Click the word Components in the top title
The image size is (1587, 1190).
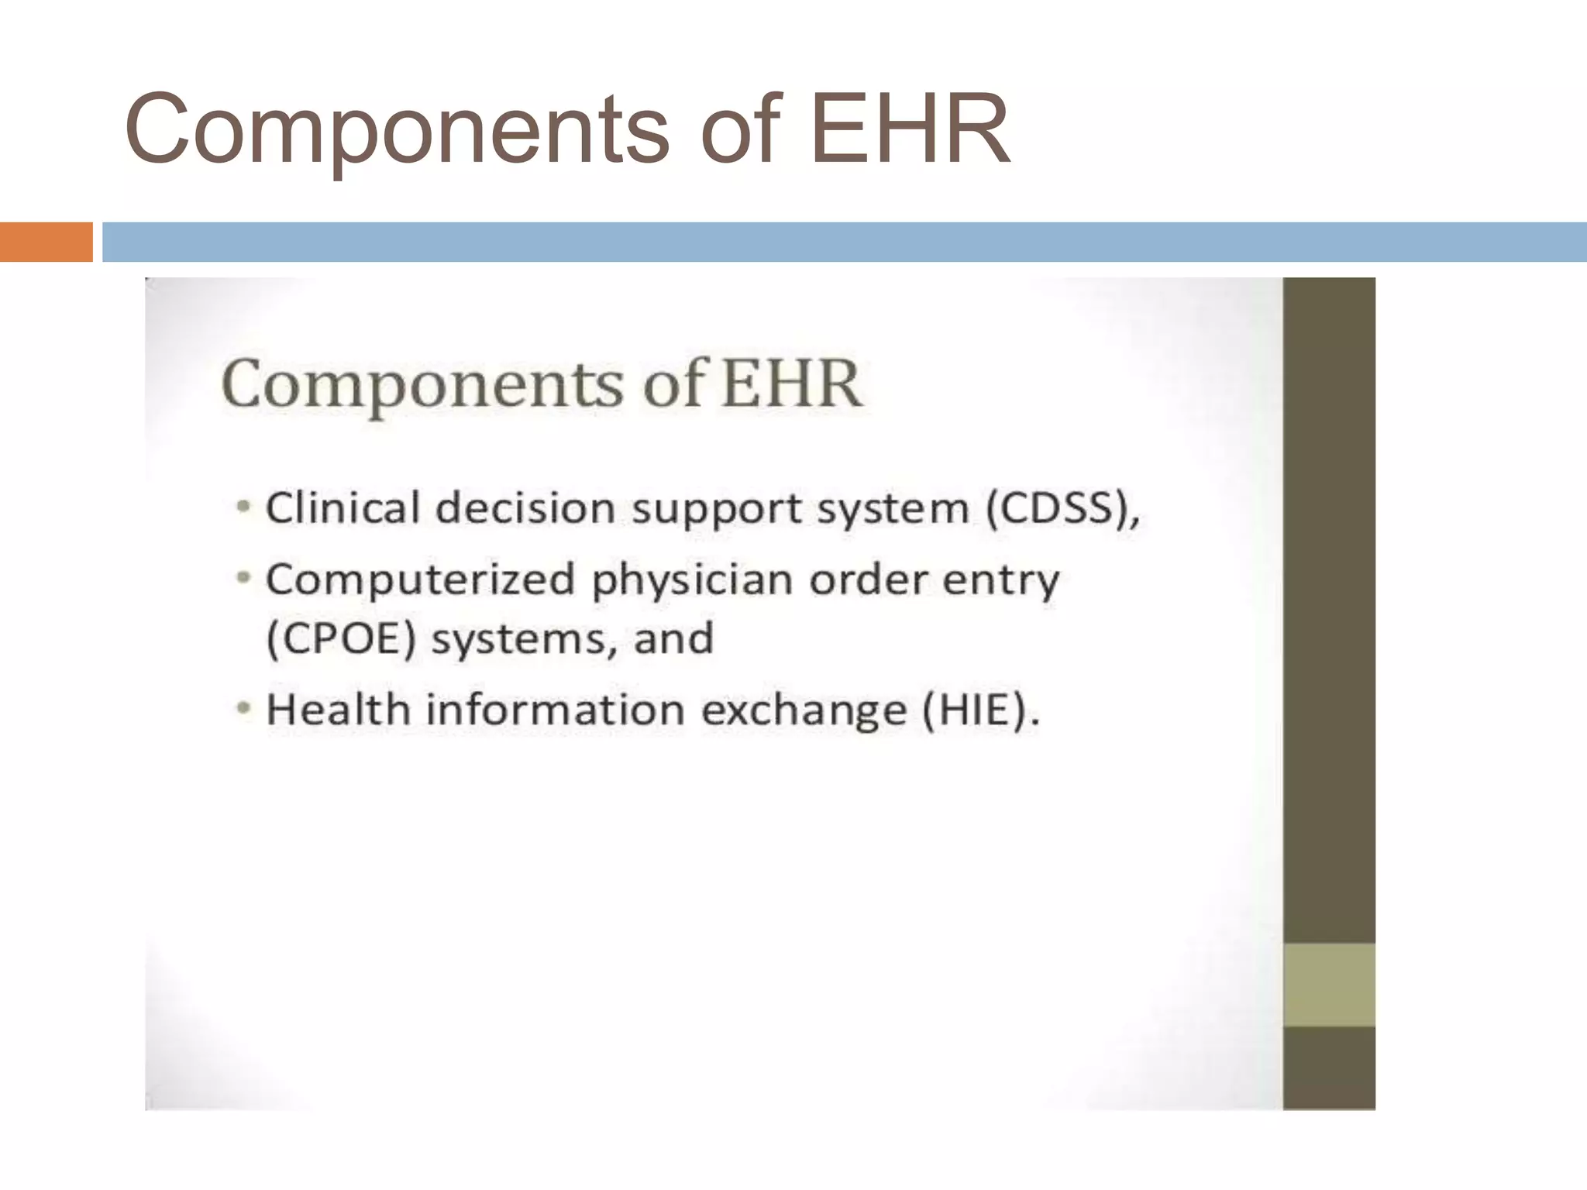[x=395, y=130]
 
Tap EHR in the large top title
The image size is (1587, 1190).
[x=910, y=129]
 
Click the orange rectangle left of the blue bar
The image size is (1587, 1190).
[x=46, y=242]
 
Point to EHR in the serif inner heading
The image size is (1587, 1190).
[x=791, y=383]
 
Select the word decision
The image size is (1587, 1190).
[x=526, y=508]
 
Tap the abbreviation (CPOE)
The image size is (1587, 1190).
[x=342, y=639]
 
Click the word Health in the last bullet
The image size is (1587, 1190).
[x=338, y=709]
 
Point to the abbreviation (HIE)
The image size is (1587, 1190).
[x=979, y=710]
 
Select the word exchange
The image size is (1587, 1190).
[x=804, y=710]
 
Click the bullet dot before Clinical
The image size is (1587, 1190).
[x=244, y=508]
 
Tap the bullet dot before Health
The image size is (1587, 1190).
[x=244, y=708]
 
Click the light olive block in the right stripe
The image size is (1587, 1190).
[x=1328, y=985]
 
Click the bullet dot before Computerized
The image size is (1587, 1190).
[x=244, y=578]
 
